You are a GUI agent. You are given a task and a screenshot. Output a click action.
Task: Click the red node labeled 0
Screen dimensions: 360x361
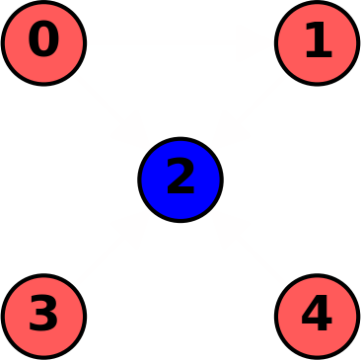pyautogui.click(x=43, y=43)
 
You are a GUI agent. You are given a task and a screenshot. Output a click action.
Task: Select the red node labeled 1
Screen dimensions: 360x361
pyautogui.click(x=317, y=43)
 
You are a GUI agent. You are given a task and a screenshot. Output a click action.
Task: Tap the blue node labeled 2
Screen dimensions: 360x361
pyautogui.click(x=180, y=180)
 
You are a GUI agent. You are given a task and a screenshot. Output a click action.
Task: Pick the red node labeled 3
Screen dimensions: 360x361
pyautogui.click(x=43, y=316)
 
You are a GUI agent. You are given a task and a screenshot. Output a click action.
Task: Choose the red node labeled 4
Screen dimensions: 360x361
pyautogui.click(x=317, y=316)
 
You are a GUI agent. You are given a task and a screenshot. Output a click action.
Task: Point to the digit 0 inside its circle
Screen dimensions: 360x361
pyautogui.click(x=43, y=41)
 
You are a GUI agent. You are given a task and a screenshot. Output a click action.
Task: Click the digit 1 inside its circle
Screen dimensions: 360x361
pyautogui.click(x=318, y=41)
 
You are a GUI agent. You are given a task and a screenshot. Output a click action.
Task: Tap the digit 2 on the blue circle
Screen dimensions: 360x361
pyautogui.click(x=180, y=179)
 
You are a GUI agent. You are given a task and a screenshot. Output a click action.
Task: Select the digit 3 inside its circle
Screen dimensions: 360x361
pyautogui.click(x=43, y=315)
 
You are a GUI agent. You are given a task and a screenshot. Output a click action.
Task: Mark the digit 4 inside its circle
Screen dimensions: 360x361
pyautogui.click(x=317, y=315)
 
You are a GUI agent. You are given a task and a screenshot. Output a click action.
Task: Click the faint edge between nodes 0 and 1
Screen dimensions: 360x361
pyautogui.click(x=180, y=43)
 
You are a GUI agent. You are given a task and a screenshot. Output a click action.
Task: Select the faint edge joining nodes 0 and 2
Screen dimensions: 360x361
pyautogui.click(x=111, y=111)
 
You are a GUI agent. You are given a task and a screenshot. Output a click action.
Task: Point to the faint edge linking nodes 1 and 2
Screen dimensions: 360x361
pyautogui.click(x=249, y=111)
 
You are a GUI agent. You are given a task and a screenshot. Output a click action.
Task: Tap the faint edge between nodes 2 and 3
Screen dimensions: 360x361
pyautogui.click(x=111, y=248)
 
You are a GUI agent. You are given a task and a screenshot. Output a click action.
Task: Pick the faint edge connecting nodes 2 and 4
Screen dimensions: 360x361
pyautogui.click(x=249, y=248)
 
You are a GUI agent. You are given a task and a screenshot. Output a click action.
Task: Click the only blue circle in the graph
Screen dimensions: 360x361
pyautogui.click(x=180, y=180)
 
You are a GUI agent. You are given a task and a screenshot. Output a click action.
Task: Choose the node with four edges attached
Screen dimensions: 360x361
pyautogui.click(x=180, y=180)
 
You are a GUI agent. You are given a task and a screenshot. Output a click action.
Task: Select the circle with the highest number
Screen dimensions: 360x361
pyautogui.click(x=317, y=316)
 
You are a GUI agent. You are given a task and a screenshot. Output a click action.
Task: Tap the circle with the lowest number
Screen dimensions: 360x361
pyautogui.click(x=43, y=43)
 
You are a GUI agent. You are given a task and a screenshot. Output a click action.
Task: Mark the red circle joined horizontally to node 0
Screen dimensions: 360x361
pyautogui.click(x=317, y=43)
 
